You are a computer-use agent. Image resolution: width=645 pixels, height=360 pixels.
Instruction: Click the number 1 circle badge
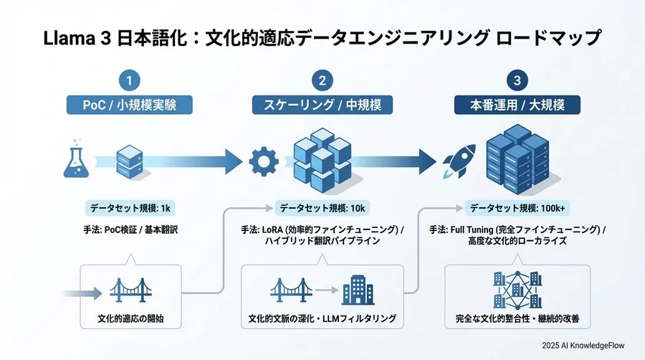pos(129,80)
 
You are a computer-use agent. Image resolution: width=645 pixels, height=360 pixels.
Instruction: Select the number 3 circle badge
pos(517,80)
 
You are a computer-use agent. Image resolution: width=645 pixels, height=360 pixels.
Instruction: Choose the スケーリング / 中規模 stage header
pos(322,104)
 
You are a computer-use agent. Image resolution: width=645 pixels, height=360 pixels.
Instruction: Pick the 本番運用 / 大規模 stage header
pos(517,104)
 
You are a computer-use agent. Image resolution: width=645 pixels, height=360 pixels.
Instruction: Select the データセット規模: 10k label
pos(322,209)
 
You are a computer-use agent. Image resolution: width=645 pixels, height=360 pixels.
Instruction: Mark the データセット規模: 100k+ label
pos(517,209)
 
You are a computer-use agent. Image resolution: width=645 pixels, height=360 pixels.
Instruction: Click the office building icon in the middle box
pos(358,290)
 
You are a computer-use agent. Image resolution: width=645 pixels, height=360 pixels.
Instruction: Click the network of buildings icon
pos(517,288)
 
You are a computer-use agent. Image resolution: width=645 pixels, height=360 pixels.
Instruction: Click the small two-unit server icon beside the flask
pos(131,161)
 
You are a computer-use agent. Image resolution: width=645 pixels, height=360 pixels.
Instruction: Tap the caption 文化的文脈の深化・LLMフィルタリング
pos(322,318)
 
